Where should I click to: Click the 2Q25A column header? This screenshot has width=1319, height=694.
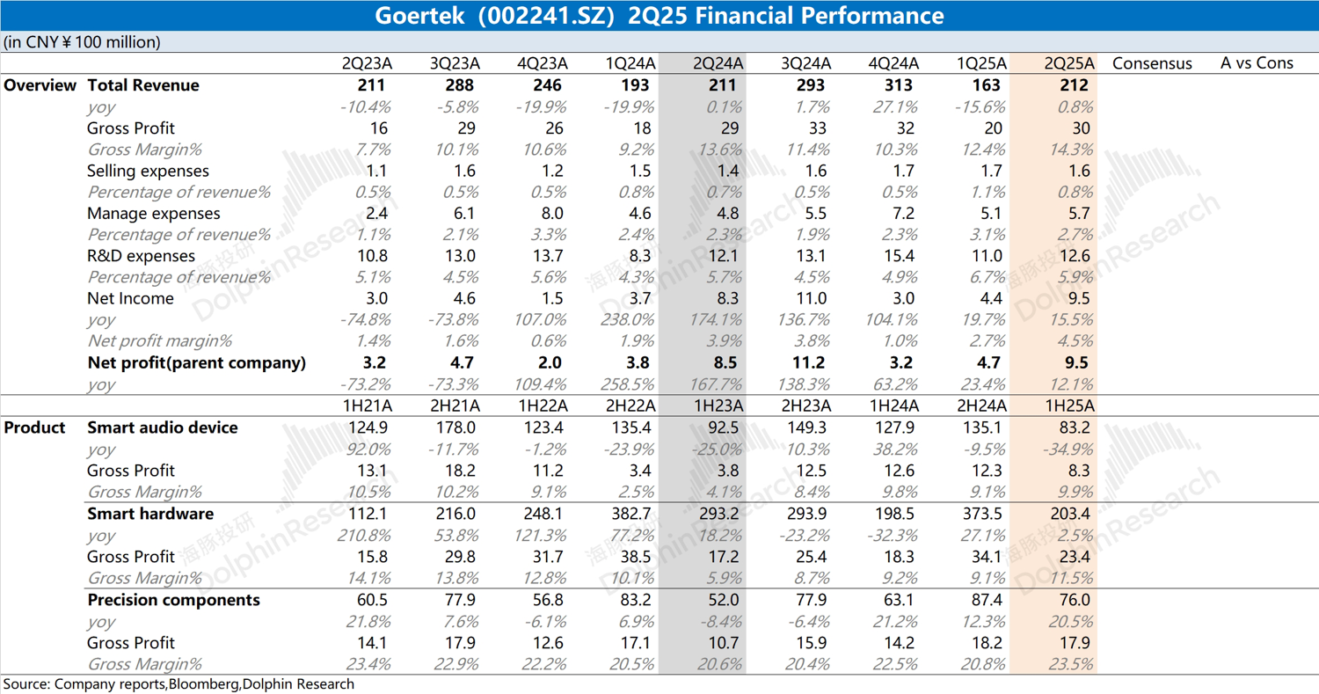click(x=1069, y=63)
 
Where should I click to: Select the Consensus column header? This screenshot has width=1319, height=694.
click(x=1152, y=63)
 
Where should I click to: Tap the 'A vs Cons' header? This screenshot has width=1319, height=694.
click(x=1257, y=63)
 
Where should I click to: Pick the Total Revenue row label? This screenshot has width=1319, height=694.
click(x=143, y=85)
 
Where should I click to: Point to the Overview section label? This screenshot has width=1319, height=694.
click(x=40, y=85)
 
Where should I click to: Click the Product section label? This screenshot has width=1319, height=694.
click(x=35, y=427)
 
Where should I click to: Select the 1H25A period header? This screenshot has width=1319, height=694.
click(x=1069, y=405)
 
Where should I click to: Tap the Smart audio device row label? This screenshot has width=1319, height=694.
click(x=163, y=427)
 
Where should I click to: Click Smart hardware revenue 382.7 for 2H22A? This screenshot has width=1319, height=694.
click(x=630, y=514)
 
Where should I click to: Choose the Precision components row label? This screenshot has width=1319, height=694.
click(x=173, y=600)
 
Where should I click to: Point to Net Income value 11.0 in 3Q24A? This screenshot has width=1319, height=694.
click(x=810, y=298)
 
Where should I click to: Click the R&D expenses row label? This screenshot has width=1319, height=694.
click(x=141, y=256)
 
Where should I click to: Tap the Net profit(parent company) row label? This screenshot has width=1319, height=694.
click(x=197, y=362)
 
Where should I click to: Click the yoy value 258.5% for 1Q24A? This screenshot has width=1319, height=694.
click(x=629, y=384)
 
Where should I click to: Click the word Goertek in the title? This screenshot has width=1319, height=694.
click(x=413, y=16)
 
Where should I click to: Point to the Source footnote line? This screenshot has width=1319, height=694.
click(x=179, y=684)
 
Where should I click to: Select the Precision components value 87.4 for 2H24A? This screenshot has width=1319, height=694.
click(x=987, y=600)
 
